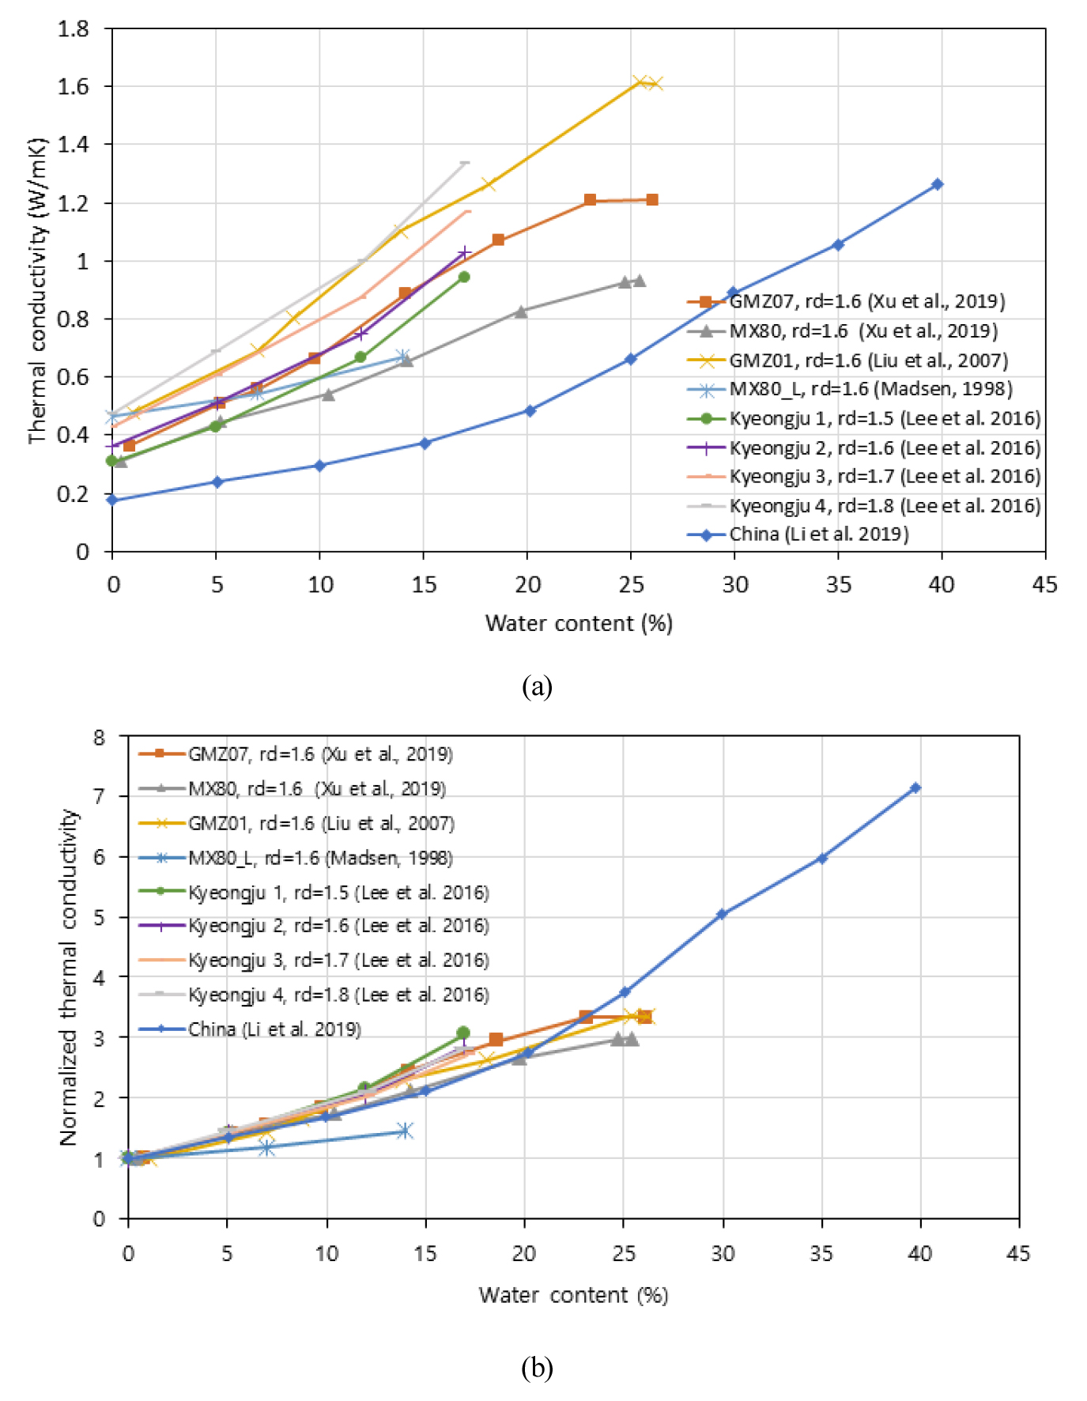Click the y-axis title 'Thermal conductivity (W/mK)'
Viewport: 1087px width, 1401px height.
(x=37, y=291)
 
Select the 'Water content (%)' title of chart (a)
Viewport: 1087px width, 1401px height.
(x=579, y=624)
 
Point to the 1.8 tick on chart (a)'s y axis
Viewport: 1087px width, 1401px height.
(x=74, y=29)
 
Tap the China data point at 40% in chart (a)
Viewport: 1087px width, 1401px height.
(x=938, y=184)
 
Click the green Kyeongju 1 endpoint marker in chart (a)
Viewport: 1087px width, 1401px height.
(x=464, y=277)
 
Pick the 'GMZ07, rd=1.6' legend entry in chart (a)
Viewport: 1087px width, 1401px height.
(x=866, y=301)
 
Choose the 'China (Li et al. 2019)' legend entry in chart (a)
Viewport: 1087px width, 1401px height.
(x=818, y=534)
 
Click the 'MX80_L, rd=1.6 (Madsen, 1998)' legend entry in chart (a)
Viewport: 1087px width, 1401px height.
(x=870, y=389)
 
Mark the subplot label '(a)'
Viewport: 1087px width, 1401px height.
(x=537, y=685)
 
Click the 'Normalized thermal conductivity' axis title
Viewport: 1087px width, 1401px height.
(x=70, y=976)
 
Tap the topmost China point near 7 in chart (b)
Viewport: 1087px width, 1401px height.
(x=915, y=788)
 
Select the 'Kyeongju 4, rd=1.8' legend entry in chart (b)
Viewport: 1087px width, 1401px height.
(x=338, y=995)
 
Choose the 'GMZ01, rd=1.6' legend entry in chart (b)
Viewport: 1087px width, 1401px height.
(x=321, y=823)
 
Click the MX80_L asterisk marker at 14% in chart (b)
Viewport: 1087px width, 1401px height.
(x=405, y=1131)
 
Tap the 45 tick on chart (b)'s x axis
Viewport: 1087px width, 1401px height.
(x=1018, y=1253)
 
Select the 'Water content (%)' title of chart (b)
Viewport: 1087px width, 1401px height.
(x=573, y=1295)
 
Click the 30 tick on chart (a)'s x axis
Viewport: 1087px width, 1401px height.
(x=734, y=584)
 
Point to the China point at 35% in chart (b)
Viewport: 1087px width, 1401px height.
(x=822, y=858)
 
